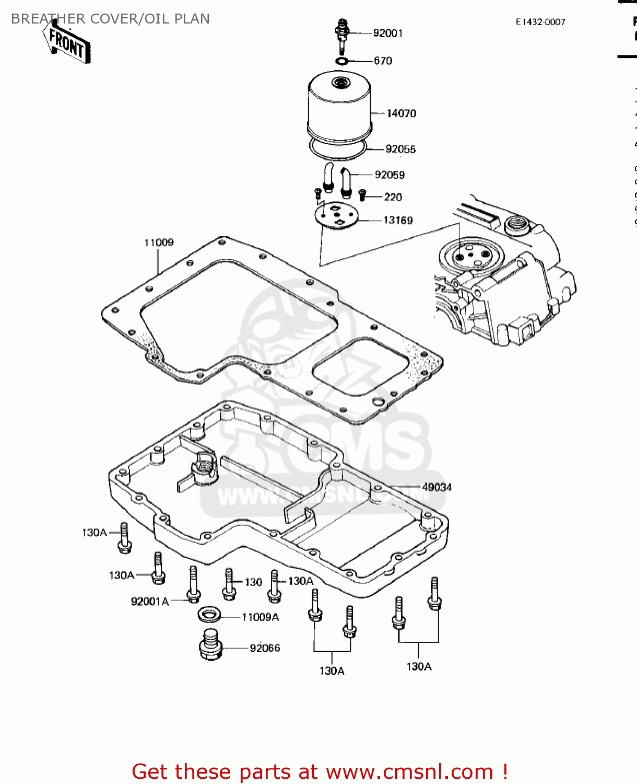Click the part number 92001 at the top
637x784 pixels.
388,33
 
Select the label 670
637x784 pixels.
383,61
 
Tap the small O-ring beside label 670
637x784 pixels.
342,62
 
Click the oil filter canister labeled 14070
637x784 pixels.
339,107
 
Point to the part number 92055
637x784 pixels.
400,149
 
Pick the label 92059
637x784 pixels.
390,175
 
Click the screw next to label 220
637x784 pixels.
362,196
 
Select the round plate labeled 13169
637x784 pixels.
337,215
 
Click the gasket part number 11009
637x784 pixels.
159,243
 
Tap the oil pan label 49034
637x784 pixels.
437,487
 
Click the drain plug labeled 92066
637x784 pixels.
211,645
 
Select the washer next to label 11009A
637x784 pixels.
209,614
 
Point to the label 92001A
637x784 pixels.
150,602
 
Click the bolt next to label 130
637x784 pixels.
229,584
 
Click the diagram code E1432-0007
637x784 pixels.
540,22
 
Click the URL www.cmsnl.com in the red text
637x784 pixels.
409,771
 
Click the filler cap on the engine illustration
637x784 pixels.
517,225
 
